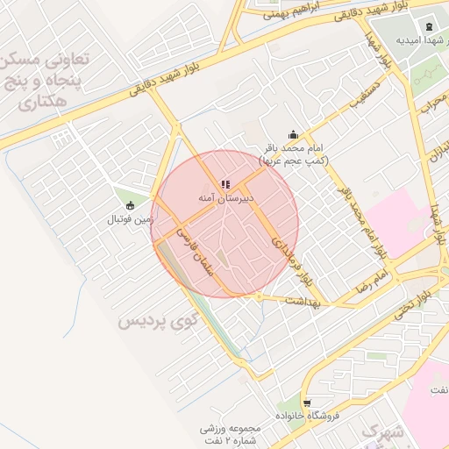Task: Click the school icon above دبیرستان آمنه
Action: tap(225, 184)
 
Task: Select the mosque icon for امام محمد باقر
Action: tap(293, 135)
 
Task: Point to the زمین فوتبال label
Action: tap(131, 218)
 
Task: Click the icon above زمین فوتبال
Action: tap(131, 205)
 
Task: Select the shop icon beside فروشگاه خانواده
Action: tap(306, 403)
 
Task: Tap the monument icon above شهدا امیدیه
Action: tap(428, 27)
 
